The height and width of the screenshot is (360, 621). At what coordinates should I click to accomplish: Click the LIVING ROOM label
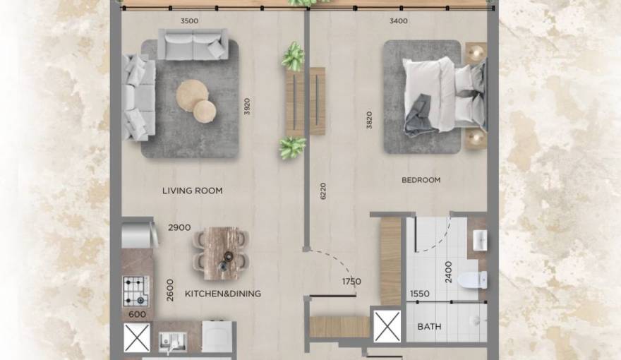point(192,191)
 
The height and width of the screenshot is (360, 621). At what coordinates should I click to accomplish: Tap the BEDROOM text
point(421,180)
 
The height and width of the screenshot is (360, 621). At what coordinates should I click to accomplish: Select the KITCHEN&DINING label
point(222,294)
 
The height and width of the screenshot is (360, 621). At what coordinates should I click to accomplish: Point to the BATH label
point(429,327)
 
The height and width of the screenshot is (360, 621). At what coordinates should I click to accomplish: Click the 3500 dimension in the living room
point(189,21)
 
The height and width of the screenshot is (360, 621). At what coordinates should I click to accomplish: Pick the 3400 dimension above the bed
point(398,21)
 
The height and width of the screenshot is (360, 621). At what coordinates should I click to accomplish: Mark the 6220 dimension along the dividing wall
point(323,192)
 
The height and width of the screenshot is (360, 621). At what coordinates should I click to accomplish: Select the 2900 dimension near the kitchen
point(180,228)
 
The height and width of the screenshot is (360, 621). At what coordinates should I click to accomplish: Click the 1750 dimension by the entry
point(351,282)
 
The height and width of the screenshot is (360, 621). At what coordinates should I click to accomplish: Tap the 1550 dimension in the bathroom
point(420,294)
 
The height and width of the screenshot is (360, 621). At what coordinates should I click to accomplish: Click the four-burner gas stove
point(135,290)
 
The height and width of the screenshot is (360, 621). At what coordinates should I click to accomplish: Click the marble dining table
point(222,253)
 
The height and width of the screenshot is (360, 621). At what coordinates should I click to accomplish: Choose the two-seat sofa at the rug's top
point(193,44)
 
